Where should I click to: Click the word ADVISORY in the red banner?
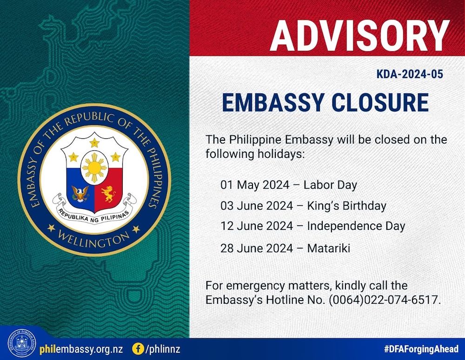coord(359,36)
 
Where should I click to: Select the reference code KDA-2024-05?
coord(410,74)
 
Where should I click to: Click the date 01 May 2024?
coord(255,185)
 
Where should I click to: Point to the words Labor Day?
coord(330,185)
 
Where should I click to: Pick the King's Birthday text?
coord(347,206)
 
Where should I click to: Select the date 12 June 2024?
coord(257,226)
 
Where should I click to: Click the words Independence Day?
coord(356,226)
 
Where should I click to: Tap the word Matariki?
coord(329,248)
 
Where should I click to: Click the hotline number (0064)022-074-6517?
coord(383,300)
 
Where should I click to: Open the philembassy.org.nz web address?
coord(81,349)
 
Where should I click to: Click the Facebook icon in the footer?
coord(138,348)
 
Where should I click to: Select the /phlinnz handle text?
coord(162,349)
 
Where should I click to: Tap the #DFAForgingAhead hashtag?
coord(421,349)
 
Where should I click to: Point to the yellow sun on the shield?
coord(94,168)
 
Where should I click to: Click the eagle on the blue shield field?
coord(80,193)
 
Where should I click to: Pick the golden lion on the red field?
coord(108,194)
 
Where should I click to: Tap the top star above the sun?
coord(94,143)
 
